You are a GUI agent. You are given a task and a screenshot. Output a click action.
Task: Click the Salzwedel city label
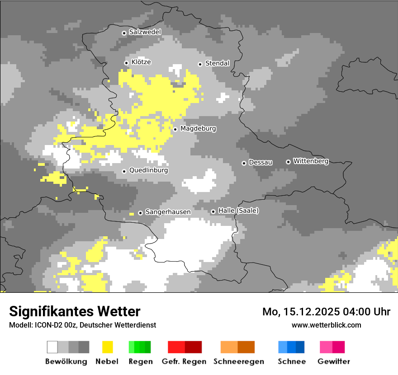pos(145,32)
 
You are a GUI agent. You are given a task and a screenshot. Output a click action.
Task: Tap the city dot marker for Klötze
pos(126,63)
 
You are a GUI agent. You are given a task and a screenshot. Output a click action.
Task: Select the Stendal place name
pos(217,63)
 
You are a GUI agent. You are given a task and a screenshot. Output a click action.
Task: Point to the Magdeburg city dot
pos(175,129)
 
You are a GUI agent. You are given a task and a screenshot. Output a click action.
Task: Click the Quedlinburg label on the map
pos(148,170)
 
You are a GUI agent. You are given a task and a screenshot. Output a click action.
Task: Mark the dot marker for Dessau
pos(244,163)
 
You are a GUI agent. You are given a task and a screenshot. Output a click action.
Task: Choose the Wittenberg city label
pos(310,161)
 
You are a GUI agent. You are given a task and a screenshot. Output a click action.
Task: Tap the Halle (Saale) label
pos(238,211)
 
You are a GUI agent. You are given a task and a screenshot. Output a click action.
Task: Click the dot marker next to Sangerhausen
pos(140,213)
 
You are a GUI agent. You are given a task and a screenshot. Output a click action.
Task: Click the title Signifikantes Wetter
pos(75,311)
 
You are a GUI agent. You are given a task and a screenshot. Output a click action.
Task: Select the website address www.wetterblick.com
pos(326,325)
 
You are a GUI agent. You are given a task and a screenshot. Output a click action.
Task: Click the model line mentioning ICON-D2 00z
pos(82,325)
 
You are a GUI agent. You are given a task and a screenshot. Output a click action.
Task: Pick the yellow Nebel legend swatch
pos(107,347)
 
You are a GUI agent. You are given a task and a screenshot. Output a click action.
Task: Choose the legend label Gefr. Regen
pos(184,361)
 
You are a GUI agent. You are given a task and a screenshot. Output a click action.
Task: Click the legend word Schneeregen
pos(238,361)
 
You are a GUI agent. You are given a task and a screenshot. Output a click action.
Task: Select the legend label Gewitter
pos(333,361)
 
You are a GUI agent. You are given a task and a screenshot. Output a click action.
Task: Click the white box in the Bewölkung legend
pos(52,347)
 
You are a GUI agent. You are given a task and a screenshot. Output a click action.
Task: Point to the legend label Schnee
pos(291,361)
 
